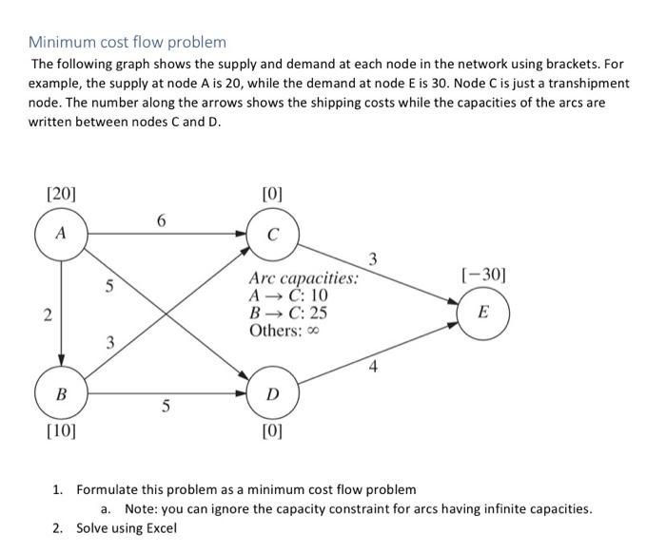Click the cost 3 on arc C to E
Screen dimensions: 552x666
point(373,257)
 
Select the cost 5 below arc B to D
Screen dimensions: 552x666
point(166,407)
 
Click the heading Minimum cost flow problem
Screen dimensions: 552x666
point(127,42)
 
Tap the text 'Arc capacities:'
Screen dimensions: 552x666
point(304,278)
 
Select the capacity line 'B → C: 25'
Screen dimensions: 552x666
point(288,313)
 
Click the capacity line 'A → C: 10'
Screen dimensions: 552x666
point(288,295)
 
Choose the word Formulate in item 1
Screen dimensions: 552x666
point(108,489)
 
